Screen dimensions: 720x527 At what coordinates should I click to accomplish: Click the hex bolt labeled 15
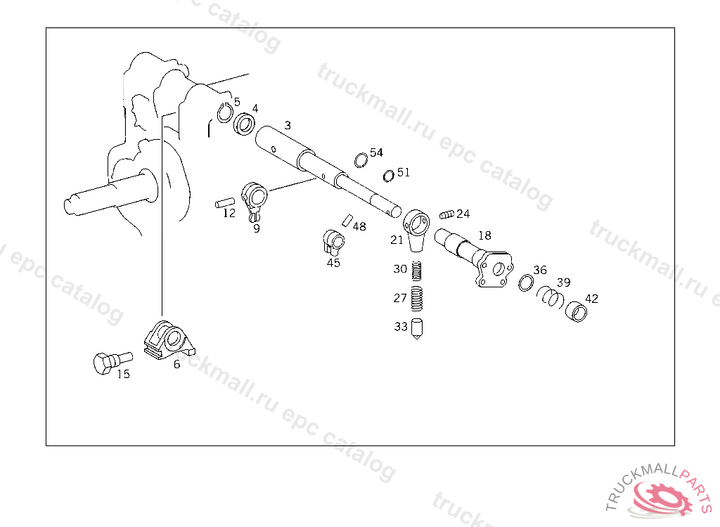point(112,363)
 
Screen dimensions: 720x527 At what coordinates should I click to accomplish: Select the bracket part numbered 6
point(169,340)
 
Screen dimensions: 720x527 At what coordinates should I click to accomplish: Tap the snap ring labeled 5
point(224,112)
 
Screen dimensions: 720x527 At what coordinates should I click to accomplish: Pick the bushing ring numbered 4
point(245,124)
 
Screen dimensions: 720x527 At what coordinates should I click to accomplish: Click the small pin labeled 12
point(225,202)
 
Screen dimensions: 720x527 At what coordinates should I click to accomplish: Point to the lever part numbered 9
point(255,200)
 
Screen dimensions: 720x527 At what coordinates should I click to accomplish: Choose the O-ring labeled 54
point(361,160)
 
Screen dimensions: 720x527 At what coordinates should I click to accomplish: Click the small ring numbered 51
point(388,176)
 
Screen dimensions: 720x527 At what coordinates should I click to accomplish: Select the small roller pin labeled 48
point(347,220)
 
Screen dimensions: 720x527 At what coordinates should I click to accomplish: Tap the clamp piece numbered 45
point(333,243)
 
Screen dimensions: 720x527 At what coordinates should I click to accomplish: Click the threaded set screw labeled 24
point(446,214)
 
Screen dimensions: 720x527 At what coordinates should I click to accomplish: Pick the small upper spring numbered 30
point(416,271)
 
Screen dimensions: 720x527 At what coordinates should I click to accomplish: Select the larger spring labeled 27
point(416,299)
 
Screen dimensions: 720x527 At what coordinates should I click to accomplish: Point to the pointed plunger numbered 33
point(417,329)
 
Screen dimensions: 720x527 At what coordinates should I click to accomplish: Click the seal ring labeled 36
point(526,282)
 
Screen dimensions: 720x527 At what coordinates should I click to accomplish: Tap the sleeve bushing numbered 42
point(576,312)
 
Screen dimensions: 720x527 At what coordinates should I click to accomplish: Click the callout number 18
point(485,235)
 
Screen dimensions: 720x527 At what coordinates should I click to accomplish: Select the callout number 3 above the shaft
point(288,125)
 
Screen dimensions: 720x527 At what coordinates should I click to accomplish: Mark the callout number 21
point(397,240)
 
